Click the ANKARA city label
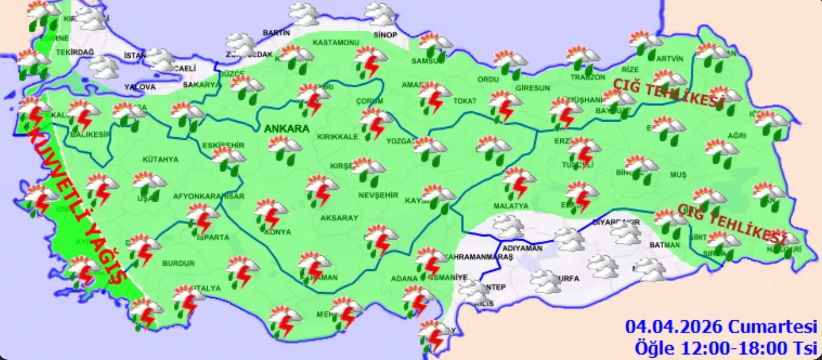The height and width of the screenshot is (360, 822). tap(286, 129)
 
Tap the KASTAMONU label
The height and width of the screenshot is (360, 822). tap(336, 43)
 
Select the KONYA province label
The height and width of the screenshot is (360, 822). tap(277, 232)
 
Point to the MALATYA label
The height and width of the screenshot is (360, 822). tap(510, 206)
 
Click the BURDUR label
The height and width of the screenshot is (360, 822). tap(178, 264)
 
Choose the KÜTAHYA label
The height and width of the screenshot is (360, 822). tap(160, 160)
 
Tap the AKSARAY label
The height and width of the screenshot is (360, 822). tap(339, 217)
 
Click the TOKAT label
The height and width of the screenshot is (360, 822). tap(465, 101)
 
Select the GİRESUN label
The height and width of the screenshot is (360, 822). tap(533, 88)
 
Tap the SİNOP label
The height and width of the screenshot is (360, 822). tap(385, 35)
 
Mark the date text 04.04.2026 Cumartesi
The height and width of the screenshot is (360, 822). tap(721, 327)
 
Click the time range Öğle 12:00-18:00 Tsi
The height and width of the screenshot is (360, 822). tap(726, 347)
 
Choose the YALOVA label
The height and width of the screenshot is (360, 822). tap(140, 87)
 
